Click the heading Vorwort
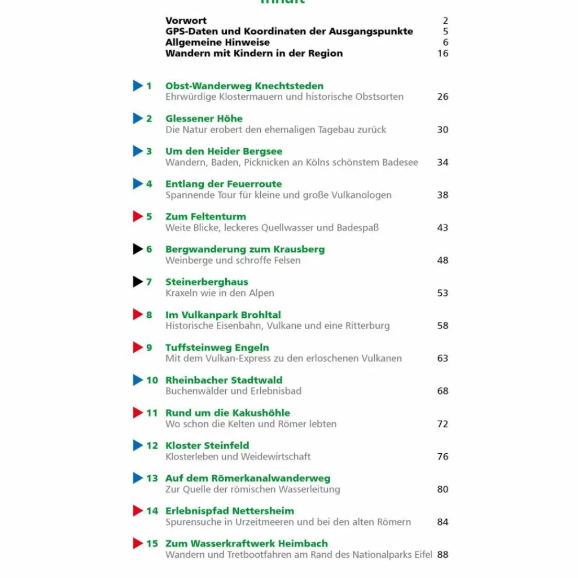[x=186, y=21]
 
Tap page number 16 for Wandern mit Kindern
[x=443, y=54]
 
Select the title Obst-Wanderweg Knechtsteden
[x=244, y=86]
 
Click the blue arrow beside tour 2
[x=138, y=119]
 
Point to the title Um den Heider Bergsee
[x=224, y=151]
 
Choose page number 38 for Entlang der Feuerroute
[x=443, y=195]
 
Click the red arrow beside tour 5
[x=138, y=217]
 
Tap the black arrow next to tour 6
[x=138, y=249]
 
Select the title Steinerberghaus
[x=207, y=282]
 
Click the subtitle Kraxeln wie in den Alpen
[x=220, y=294]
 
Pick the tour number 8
[x=149, y=315]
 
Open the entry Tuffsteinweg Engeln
[x=217, y=348]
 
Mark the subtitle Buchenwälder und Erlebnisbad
[x=233, y=391]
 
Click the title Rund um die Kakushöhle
[x=227, y=413]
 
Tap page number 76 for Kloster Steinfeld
[x=443, y=457]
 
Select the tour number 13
[x=152, y=479]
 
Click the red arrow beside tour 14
[x=138, y=511]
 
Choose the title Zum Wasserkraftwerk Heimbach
[x=246, y=544]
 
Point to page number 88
[x=443, y=555]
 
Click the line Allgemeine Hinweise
[x=217, y=43]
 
